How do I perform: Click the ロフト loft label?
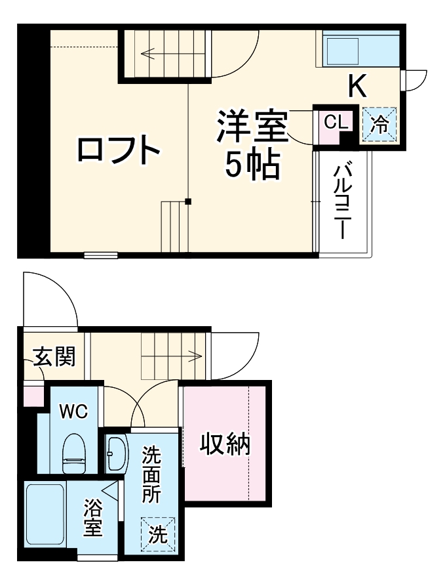coord(119,150)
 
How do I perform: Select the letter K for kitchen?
coord(357,86)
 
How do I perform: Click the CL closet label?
coord(334,122)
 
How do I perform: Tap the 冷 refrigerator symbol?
coord(380,123)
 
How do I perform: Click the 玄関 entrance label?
coord(54,357)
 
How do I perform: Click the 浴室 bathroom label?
coord(92,517)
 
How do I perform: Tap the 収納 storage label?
coord(225,445)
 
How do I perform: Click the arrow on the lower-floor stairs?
coord(195,356)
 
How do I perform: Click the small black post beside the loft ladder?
coord(188,201)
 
